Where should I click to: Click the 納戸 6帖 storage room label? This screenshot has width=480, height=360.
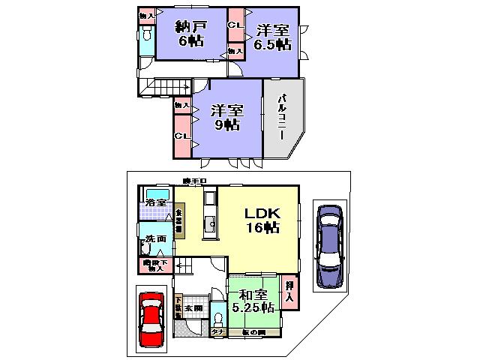(x=191, y=34)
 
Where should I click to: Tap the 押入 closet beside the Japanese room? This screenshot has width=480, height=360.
(x=289, y=290)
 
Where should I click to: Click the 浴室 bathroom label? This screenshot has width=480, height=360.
(x=156, y=202)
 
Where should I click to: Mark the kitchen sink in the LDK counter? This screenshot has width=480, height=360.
(x=211, y=224)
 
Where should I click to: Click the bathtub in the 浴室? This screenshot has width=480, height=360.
(x=156, y=193)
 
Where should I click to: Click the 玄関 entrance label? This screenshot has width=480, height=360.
(x=193, y=307)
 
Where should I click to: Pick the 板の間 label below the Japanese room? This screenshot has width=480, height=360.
(x=254, y=332)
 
